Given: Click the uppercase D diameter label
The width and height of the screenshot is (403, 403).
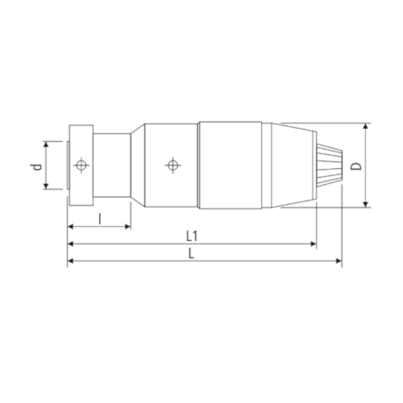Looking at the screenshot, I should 355,165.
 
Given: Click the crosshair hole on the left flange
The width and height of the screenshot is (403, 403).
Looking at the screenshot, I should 81,165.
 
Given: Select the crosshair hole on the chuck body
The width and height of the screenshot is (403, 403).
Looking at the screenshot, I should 173,165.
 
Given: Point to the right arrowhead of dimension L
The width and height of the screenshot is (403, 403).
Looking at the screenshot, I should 338,261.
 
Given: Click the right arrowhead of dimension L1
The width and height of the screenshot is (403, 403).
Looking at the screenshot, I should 313,244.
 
